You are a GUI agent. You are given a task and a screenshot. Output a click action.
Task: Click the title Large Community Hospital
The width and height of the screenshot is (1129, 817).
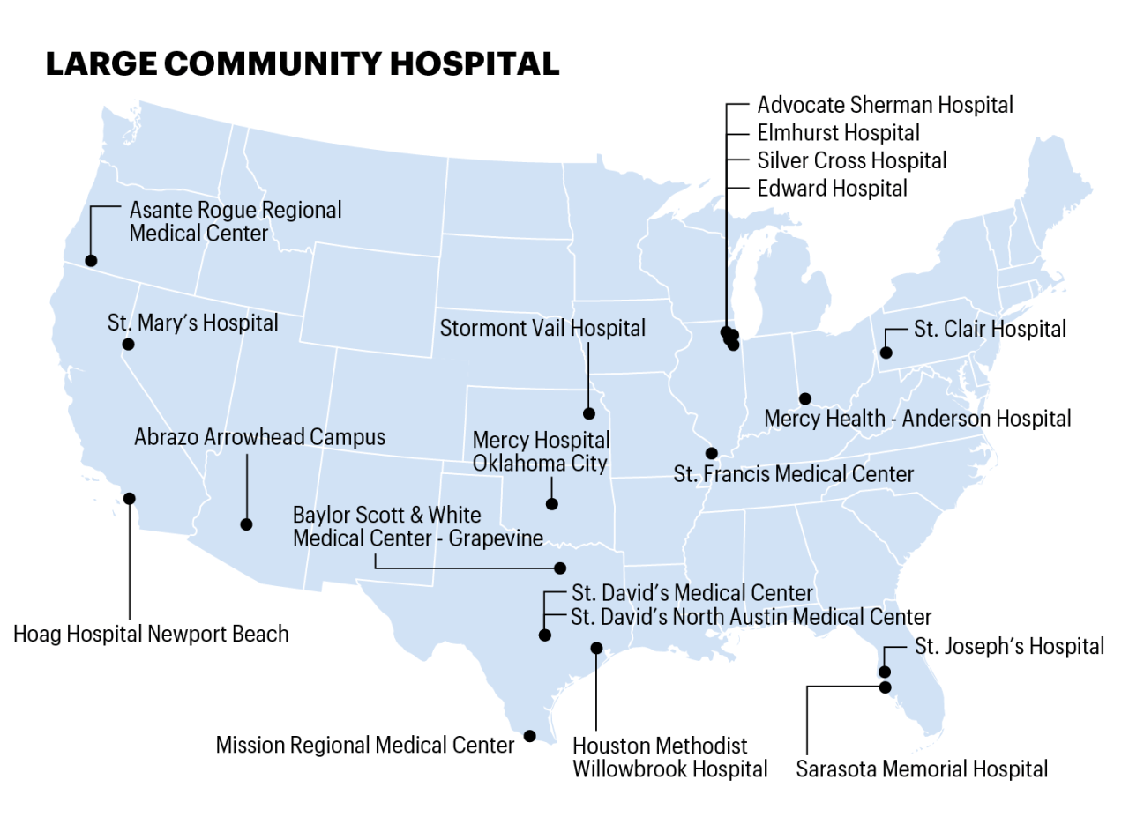point(302,64)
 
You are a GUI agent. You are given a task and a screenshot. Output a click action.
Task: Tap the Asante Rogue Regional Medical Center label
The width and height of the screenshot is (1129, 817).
point(235,222)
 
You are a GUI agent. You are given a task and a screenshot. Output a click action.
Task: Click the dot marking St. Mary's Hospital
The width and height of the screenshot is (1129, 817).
point(128,344)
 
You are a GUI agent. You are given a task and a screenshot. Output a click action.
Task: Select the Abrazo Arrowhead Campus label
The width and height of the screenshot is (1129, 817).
point(259,437)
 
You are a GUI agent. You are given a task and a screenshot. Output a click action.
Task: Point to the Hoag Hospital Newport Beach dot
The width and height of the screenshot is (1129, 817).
point(130,498)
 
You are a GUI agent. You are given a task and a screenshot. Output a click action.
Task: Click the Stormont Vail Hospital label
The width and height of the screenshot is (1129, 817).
point(542,329)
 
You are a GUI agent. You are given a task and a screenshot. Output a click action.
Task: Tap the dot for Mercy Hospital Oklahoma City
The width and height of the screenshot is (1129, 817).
point(552,504)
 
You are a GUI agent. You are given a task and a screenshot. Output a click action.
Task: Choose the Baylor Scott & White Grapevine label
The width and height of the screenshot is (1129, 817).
point(417,526)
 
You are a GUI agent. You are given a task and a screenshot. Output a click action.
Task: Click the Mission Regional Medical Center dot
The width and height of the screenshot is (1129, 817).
point(529,735)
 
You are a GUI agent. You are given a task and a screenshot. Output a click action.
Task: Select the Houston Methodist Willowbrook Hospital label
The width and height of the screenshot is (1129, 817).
point(669,757)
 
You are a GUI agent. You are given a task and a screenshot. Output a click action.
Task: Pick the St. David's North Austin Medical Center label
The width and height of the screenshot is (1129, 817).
point(751,617)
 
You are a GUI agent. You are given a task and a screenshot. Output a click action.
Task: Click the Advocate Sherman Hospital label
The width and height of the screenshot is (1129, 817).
point(885,105)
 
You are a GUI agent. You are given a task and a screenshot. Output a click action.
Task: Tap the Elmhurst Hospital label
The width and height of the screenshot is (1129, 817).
point(838,133)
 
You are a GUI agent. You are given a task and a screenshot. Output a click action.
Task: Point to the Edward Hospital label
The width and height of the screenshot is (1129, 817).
point(832,189)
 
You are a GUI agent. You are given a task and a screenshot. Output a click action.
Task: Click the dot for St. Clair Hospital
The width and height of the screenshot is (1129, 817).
point(886,353)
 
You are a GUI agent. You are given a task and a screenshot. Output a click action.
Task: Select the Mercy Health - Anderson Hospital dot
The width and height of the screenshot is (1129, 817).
point(804,398)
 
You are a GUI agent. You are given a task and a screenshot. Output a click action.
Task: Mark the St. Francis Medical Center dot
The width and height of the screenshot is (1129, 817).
point(711,453)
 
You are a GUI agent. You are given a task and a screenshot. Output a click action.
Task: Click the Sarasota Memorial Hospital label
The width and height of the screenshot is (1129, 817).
point(922,769)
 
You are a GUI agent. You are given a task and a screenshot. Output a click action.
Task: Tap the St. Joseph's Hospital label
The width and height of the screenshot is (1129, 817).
point(1009,646)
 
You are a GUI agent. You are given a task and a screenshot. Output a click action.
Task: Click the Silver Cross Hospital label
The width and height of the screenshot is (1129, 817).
point(851,160)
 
